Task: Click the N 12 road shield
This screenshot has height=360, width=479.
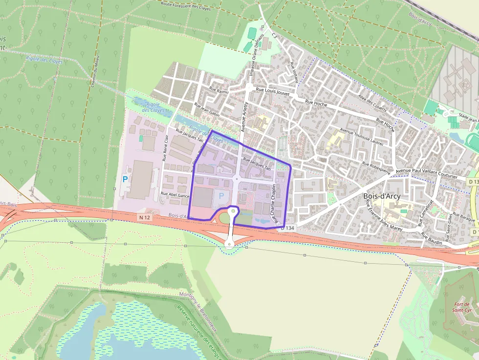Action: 144,217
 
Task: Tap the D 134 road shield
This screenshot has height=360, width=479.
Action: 288,228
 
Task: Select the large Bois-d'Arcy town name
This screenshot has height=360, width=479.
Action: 382,196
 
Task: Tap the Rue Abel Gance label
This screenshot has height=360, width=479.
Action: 175,194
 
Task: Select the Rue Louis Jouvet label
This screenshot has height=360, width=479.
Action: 273,91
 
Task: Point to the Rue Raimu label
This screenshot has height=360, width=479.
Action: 219,90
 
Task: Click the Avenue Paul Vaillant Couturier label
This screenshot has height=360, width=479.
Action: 426,173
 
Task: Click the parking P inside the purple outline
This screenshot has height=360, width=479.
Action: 221,195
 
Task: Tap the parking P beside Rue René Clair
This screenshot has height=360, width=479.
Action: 125,179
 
